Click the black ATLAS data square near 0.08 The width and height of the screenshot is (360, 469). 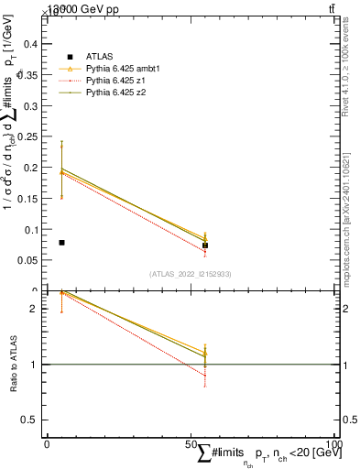(61, 243)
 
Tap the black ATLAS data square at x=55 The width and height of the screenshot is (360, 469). (205, 245)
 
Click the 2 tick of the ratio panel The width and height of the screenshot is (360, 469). (37, 309)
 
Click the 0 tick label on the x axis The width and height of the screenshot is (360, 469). (47, 443)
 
